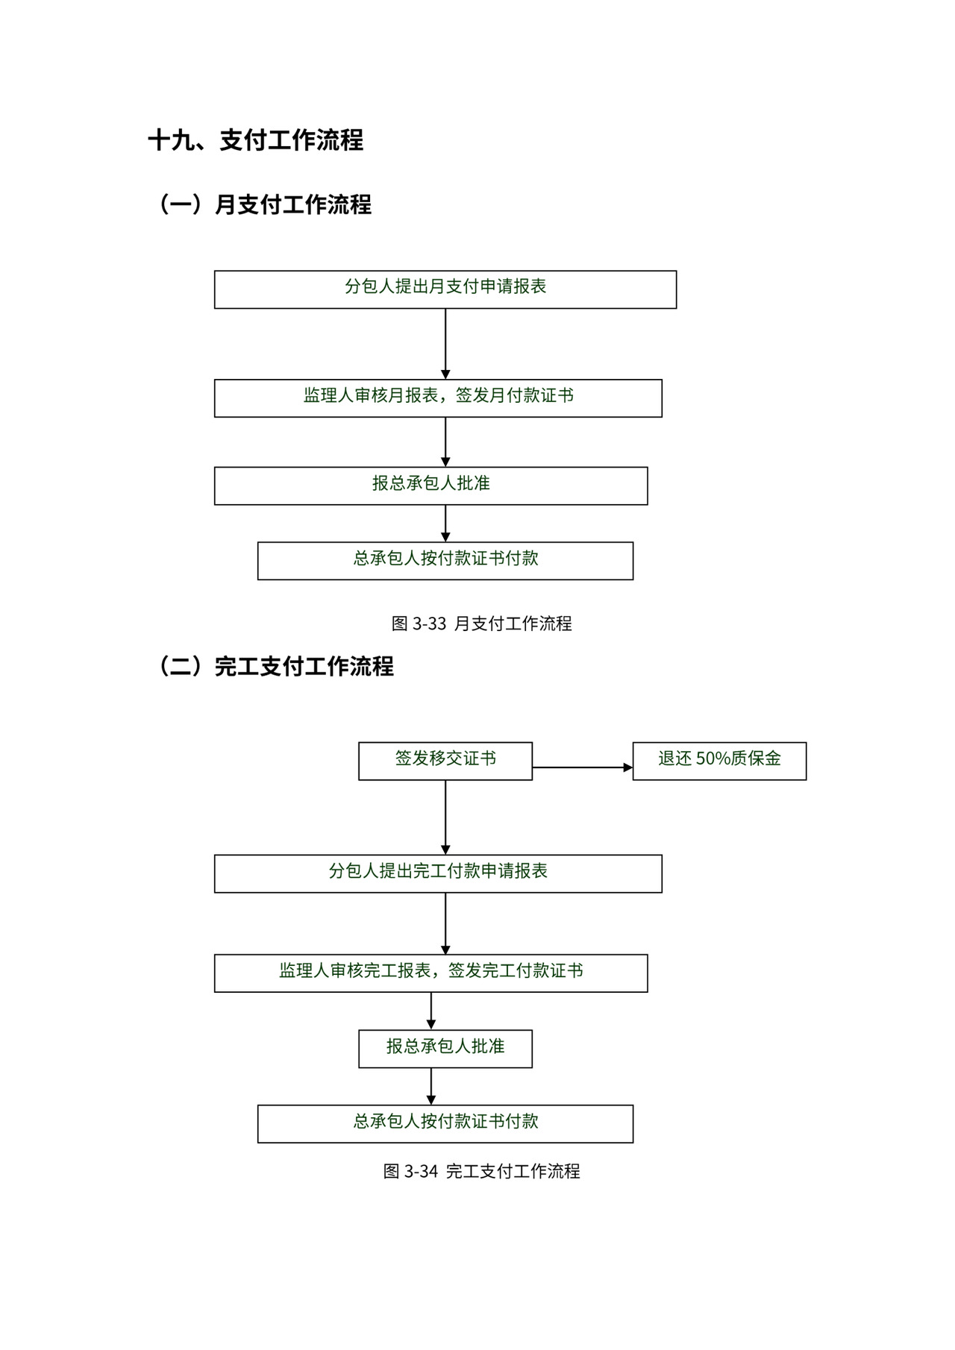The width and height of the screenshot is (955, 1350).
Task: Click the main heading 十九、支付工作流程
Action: (255, 140)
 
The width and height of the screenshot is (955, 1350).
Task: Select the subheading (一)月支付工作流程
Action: (263, 204)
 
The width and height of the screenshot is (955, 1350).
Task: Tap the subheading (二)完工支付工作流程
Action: (275, 666)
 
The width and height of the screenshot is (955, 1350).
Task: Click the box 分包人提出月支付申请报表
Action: (445, 289)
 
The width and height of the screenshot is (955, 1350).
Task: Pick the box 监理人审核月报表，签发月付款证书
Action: (438, 398)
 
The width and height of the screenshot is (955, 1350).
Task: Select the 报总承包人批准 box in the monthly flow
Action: (430, 486)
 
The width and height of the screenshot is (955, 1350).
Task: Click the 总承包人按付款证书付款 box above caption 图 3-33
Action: (445, 560)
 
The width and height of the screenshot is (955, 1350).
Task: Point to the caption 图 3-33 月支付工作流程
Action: (481, 624)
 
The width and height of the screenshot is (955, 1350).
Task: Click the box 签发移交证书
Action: (445, 761)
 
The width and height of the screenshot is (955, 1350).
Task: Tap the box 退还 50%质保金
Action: (719, 761)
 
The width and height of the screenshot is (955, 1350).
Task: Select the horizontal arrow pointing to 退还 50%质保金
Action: (582, 767)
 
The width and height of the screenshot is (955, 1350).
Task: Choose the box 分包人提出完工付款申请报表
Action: (438, 873)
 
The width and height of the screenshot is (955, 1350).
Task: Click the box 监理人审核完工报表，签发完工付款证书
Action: (430, 973)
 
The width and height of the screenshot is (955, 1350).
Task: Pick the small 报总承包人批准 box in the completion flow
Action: (445, 1049)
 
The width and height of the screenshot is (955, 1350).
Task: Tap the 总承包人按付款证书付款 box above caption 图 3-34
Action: (445, 1123)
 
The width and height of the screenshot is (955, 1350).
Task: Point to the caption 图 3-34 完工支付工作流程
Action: (481, 1171)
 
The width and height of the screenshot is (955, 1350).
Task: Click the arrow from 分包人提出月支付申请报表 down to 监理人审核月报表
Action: (445, 344)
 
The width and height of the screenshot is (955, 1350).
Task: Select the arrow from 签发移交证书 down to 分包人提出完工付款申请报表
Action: (445, 817)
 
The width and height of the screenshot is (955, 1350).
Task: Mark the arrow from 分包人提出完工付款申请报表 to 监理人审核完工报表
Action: (445, 923)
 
